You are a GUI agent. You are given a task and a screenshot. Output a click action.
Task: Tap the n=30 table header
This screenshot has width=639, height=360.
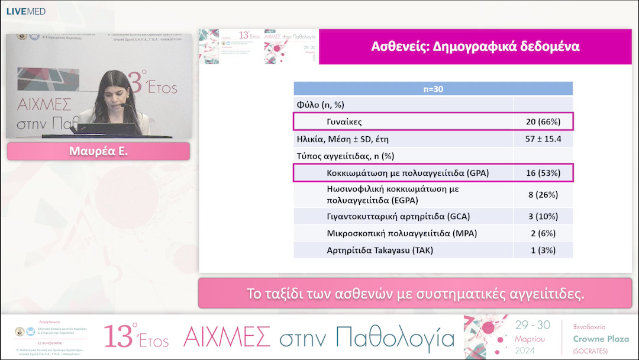433,89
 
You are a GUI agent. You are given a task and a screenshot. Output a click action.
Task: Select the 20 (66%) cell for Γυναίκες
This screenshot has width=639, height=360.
543,122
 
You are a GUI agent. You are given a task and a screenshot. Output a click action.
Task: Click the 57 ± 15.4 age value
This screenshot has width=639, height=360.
543,139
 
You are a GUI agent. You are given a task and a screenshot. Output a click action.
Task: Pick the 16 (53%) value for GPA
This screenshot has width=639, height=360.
543,173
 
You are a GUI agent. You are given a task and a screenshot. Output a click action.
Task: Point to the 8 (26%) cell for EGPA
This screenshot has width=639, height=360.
543,194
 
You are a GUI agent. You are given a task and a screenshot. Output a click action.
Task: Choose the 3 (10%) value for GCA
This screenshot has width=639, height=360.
543,216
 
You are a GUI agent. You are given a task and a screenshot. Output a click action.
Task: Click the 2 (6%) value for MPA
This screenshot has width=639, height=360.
543,233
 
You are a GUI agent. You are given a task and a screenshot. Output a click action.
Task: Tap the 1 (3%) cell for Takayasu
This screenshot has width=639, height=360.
543,250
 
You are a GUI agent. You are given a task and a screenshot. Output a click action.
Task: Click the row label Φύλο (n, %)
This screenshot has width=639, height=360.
320,105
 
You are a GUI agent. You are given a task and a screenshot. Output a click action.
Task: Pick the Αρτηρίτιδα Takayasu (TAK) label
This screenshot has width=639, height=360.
380,250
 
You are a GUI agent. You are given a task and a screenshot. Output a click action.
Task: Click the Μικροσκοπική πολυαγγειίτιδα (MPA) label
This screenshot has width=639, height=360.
393,233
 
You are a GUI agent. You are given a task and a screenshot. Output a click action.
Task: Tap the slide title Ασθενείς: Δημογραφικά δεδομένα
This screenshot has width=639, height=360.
475,46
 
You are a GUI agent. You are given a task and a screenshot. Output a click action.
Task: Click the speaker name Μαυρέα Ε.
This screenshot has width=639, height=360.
98,151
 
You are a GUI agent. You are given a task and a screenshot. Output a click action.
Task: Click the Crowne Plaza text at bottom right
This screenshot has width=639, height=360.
601,339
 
